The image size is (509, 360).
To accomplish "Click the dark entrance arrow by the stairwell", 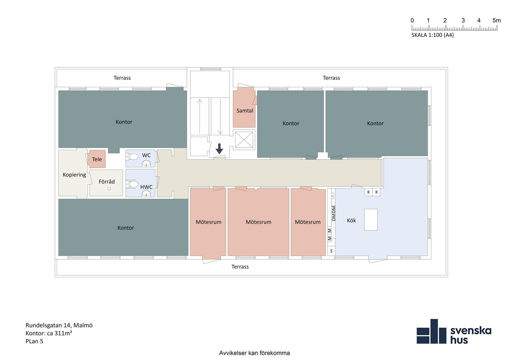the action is point(219,149).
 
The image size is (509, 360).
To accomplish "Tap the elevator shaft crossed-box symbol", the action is point(244,140).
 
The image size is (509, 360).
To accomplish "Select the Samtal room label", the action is point(245,111).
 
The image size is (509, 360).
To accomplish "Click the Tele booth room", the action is point(97,159).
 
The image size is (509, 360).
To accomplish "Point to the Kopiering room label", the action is point(74,175).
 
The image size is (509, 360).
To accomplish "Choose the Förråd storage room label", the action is point(107,182).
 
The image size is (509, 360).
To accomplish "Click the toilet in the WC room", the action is point(132,157).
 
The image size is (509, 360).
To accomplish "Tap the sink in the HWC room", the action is point(146,194).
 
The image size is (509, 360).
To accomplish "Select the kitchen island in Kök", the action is point(371,220).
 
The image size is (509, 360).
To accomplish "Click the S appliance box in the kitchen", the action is point(331,251).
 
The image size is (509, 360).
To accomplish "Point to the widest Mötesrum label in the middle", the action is point(258,222).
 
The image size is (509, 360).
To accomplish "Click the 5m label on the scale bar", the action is point(497,20).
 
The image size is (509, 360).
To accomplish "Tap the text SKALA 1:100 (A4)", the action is point(432,35).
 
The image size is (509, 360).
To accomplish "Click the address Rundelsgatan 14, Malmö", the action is point(59,325).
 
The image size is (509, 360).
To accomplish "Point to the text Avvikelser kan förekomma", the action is point(254,353).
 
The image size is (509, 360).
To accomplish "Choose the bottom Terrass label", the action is point(240,267).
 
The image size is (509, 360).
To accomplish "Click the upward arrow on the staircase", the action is point(200,116).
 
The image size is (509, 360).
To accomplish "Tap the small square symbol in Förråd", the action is point(109,188).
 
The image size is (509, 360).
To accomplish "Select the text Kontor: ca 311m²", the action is point(49,333).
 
